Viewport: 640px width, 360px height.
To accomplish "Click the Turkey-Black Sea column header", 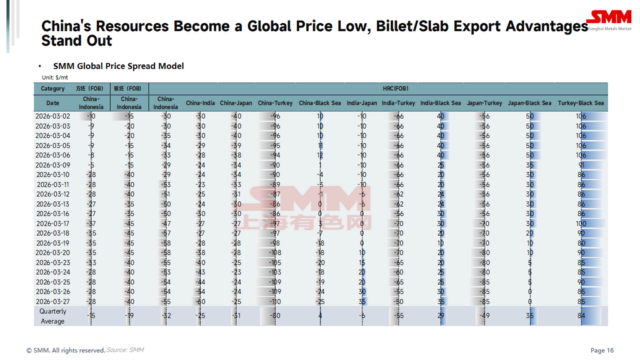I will coord(581,103).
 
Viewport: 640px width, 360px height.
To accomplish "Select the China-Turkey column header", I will coord(275,103).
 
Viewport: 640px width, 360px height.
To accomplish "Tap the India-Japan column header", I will coord(362,103).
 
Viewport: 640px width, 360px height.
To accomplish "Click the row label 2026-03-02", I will coord(52,116).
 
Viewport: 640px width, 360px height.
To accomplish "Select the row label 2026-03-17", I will coord(52,224).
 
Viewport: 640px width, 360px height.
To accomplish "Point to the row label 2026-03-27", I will coord(52,302).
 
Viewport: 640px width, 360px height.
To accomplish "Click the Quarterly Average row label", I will coord(52,316).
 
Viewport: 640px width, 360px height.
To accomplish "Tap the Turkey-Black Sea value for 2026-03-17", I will coord(581,224).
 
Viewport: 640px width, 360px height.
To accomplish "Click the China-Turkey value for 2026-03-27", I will coord(275,302).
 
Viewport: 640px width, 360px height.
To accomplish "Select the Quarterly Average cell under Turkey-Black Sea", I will coord(581,316).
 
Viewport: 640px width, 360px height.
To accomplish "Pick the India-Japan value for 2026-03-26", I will coord(362,292).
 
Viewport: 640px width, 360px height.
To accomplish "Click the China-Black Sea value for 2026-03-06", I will coord(319,156).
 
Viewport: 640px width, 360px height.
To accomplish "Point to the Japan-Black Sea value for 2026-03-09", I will coord(529,165).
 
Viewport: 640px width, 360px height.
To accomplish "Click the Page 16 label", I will coord(602,350).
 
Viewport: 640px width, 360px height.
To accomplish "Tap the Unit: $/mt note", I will coord(55,77).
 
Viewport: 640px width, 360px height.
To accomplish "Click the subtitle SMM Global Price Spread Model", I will coord(118,66).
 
